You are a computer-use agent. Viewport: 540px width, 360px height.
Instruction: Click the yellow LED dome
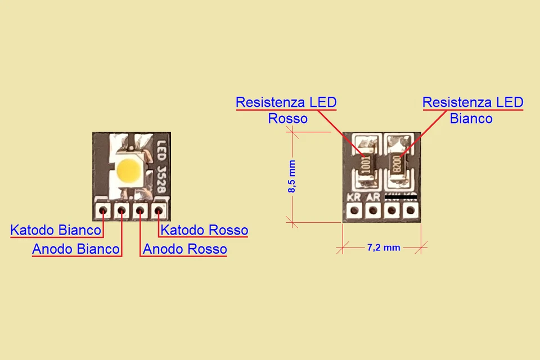[129, 170]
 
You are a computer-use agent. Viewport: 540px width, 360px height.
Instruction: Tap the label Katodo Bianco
[56, 231]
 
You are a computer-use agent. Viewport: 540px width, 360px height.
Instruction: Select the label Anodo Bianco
[76, 249]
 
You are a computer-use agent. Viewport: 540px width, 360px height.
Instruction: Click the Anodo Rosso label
[185, 249]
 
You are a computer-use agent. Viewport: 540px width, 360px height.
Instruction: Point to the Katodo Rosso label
[204, 231]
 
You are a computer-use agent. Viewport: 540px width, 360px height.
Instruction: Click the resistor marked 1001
[366, 165]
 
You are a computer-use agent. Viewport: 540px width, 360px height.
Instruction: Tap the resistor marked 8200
[397, 165]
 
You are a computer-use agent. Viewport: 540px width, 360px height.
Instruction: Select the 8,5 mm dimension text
[291, 177]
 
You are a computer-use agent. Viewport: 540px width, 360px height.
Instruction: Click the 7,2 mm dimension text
[384, 247]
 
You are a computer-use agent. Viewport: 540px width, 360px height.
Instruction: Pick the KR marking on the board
[354, 197]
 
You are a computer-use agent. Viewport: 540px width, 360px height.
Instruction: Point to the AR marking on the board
[372, 197]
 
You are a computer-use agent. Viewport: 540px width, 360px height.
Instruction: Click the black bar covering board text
[400, 197]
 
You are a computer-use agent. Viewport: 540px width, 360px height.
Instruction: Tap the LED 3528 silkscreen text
[162, 167]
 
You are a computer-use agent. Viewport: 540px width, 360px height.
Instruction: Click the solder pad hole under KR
[354, 211]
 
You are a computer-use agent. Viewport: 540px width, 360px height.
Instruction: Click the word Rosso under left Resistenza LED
[287, 119]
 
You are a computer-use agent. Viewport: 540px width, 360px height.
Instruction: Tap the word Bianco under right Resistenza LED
[471, 119]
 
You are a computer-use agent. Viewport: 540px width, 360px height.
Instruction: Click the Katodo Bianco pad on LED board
[103, 211]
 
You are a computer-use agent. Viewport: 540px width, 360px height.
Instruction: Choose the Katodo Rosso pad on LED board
[159, 211]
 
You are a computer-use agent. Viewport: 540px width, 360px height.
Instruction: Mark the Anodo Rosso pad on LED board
[140, 211]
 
